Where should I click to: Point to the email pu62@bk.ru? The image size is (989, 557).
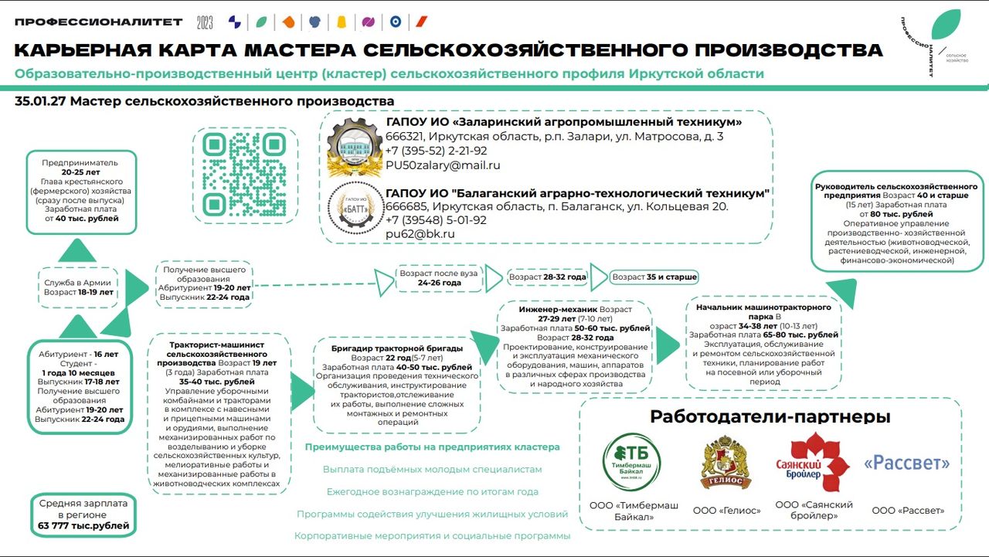pyautogui.click(x=420, y=234)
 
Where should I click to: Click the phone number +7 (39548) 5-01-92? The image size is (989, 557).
pyautogui.click(x=436, y=220)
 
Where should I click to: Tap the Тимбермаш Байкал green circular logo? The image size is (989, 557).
pyautogui.click(x=632, y=462)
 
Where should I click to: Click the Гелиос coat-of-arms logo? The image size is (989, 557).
pyautogui.click(x=726, y=462)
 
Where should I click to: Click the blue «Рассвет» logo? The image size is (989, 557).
pyautogui.click(x=907, y=463)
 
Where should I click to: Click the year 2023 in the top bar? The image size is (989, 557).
pyautogui.click(x=205, y=22)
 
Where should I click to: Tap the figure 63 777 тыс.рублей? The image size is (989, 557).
pyautogui.click(x=83, y=526)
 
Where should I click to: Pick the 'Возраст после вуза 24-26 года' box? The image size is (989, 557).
pyautogui.click(x=439, y=278)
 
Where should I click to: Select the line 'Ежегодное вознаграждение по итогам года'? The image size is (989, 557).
pyautogui.click(x=432, y=491)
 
